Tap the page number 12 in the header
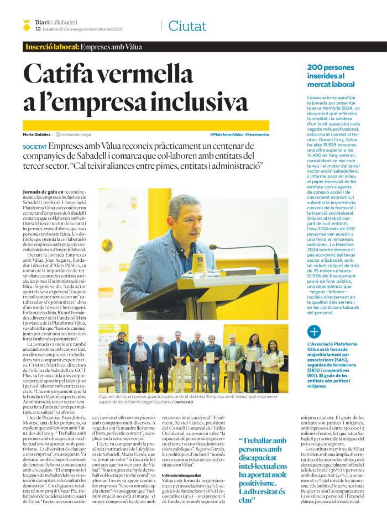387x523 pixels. click(x=38, y=29)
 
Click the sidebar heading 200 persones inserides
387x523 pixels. click(x=330, y=75)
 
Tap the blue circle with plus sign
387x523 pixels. click(x=314, y=332)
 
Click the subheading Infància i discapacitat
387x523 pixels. click(x=181, y=475)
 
